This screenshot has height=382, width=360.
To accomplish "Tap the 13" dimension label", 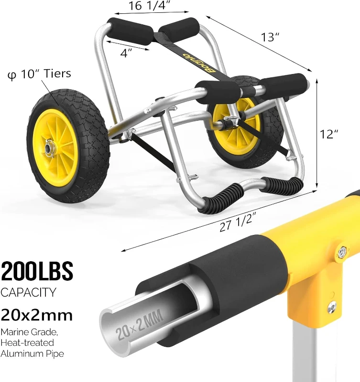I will [x=269, y=37].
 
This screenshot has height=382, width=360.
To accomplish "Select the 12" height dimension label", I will [x=329, y=135].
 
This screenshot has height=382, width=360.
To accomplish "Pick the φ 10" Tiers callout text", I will [x=39, y=74].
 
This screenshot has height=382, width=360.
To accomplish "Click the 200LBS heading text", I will [x=37, y=271].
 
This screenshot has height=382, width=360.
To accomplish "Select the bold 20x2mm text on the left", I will [x=37, y=315].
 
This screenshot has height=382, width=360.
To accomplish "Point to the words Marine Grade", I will [x=27, y=332].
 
